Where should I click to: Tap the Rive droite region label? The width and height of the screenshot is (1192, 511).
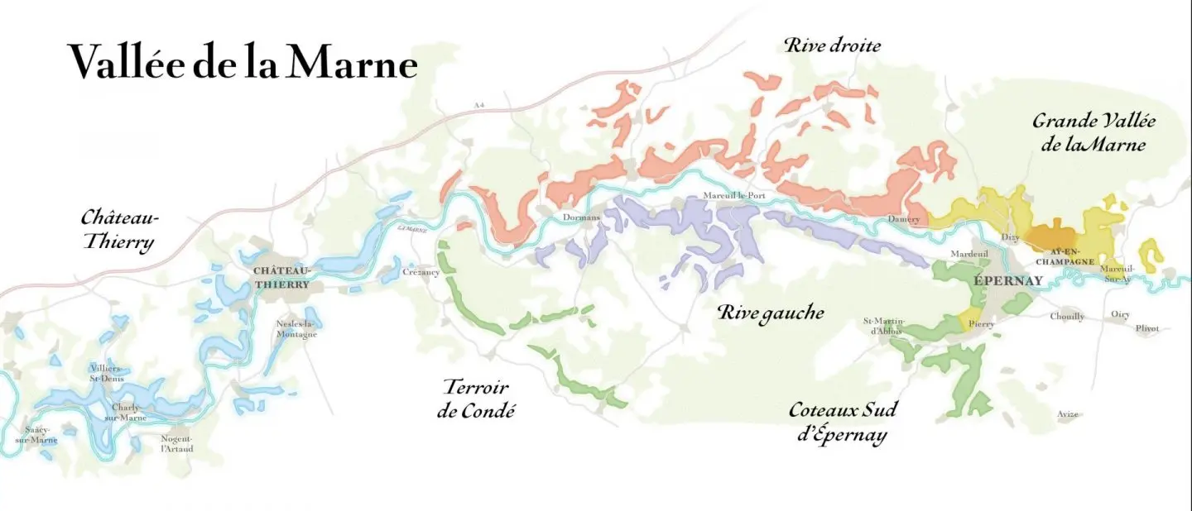tap(832, 45)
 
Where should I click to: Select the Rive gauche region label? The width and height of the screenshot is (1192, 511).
tap(771, 313)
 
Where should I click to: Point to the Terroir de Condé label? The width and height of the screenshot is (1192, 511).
tap(476, 398)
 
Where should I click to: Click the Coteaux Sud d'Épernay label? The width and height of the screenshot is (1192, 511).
tap(842, 422)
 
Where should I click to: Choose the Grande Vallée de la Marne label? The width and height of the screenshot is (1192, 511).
tap(1093, 132)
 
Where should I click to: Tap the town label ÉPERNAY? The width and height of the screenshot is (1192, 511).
tap(1007, 281)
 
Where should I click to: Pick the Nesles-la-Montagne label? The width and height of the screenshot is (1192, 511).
tap(297, 328)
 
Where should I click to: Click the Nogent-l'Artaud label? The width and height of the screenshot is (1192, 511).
tap(176, 443)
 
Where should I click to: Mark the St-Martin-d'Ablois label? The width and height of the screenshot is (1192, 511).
tap(885, 327)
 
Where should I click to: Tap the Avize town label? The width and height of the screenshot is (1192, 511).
tap(1068, 413)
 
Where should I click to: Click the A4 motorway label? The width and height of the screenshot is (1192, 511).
tap(478, 105)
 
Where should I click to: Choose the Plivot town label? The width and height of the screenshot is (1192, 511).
tap(1147, 328)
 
